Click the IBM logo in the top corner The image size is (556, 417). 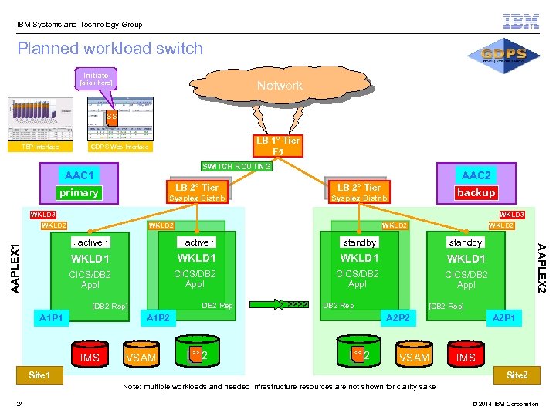521,21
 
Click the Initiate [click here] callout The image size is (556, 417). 97,79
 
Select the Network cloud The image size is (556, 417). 280,86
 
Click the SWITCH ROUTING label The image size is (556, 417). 236,166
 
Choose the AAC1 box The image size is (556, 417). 80,175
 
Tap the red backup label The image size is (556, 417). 476,192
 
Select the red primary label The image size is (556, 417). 79,192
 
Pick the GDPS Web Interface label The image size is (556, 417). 119,147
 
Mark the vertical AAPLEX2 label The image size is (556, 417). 541,267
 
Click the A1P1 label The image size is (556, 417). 53,317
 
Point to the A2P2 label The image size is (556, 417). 398,317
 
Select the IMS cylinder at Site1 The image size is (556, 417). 90,354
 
